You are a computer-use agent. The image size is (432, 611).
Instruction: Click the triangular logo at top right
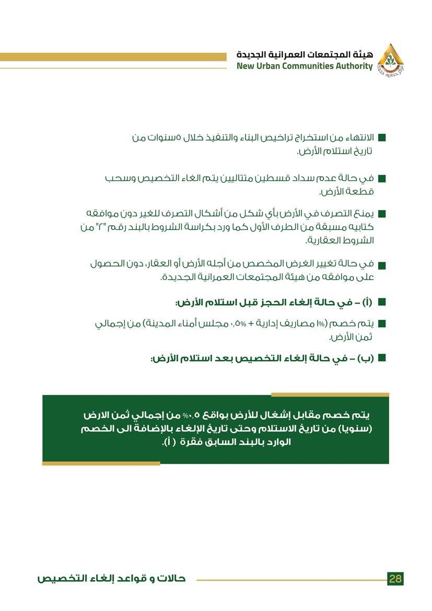click(391, 60)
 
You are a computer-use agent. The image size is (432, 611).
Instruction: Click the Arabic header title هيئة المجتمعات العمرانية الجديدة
click(305, 54)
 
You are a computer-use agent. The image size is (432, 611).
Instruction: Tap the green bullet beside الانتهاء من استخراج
click(381, 139)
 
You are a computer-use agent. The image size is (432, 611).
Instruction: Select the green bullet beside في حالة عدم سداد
click(381, 179)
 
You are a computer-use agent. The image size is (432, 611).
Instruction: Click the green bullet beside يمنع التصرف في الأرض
click(381, 214)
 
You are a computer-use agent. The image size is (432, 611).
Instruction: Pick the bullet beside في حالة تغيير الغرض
click(381, 265)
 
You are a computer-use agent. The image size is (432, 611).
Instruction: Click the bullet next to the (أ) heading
click(381, 302)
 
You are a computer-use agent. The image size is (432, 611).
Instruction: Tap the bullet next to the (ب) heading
click(381, 358)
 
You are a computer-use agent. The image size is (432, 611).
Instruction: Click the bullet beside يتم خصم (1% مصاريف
click(381, 324)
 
